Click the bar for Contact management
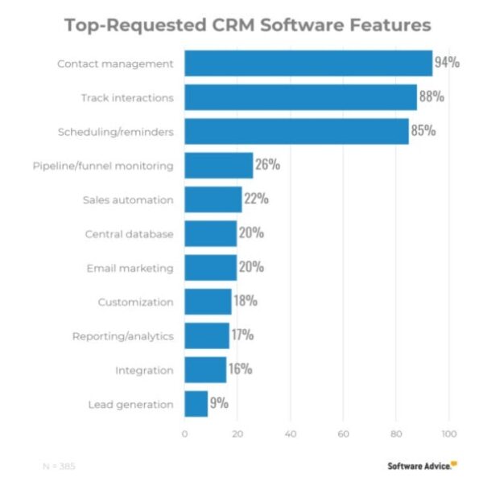click(308, 63)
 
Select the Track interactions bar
click(300, 97)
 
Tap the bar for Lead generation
click(196, 404)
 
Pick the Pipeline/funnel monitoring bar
click(218, 166)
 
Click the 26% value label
click(267, 166)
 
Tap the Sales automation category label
click(128, 199)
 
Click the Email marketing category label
click(130, 268)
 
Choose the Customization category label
click(135, 302)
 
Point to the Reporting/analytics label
click(122, 336)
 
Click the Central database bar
click(210, 234)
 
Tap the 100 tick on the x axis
click(448, 434)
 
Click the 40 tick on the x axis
click(290, 434)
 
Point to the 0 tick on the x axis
click(184, 434)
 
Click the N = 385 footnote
click(59, 466)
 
